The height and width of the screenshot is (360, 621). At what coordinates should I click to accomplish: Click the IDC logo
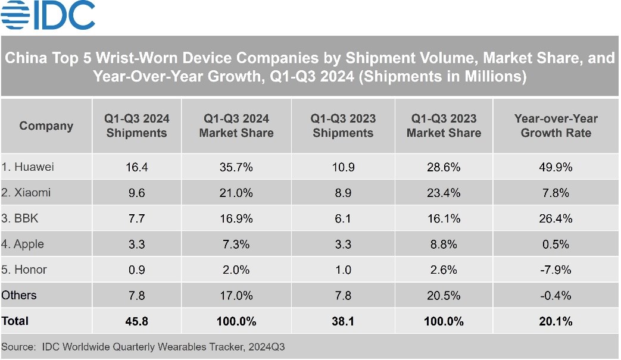coord(48,15)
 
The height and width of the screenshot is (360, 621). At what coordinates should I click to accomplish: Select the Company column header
coord(46,126)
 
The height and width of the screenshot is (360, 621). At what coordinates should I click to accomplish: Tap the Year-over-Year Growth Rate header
coord(556,126)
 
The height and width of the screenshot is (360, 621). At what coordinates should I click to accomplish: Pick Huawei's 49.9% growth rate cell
coord(556,167)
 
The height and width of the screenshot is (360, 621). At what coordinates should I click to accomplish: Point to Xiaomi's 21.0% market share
coord(236,193)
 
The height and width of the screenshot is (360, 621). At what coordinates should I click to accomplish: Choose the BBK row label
coord(20,218)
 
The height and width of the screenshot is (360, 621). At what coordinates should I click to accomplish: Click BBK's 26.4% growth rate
coord(556,218)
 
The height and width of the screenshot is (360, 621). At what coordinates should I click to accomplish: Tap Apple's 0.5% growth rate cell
coord(556,244)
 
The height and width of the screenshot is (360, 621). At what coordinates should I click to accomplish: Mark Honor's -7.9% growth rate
coord(556,270)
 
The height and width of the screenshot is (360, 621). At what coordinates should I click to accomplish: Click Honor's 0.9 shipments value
coord(136,270)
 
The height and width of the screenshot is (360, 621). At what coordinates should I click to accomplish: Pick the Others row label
coord(19,295)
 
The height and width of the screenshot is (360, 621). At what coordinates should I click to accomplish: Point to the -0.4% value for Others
coord(556,295)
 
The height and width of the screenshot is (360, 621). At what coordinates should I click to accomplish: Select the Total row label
coord(15,321)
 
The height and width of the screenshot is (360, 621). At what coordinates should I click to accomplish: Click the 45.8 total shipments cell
coord(136,321)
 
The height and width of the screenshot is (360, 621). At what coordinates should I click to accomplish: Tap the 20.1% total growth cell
coord(556,321)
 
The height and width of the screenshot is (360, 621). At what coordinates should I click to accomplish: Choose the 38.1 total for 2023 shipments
coord(342,321)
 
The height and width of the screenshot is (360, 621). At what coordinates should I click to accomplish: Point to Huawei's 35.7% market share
coord(236,167)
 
